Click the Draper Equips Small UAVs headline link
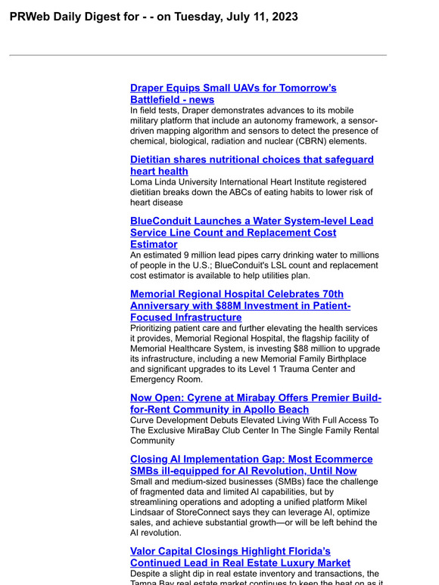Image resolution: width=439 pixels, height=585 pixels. (x=233, y=88)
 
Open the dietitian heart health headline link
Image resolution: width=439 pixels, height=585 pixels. (x=251, y=160)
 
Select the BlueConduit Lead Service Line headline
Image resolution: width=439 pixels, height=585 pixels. (x=251, y=221)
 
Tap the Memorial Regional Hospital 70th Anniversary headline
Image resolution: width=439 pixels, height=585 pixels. (x=236, y=294)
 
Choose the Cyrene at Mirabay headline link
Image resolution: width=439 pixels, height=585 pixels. (x=256, y=398)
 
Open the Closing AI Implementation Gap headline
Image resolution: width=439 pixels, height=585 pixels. (x=251, y=460)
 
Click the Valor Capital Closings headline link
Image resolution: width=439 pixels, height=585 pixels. (x=230, y=552)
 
